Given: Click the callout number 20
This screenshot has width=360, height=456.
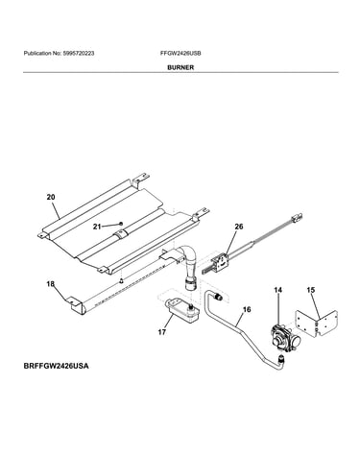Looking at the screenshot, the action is (x=51, y=198).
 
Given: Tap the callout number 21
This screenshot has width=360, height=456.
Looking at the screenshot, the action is (x=97, y=227).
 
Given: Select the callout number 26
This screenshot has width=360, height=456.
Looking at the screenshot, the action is (x=239, y=227).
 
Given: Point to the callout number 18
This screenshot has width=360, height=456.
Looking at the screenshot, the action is (x=51, y=283).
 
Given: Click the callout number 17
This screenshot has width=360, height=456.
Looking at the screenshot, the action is (x=162, y=332).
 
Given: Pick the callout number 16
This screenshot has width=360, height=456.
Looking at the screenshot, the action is (x=247, y=309).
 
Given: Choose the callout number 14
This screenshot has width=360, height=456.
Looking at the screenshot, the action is (x=278, y=290).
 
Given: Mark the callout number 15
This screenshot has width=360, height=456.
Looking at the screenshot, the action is (x=310, y=290).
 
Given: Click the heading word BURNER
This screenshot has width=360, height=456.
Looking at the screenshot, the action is (x=180, y=67).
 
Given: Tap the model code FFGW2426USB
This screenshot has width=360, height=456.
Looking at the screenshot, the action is (x=180, y=54).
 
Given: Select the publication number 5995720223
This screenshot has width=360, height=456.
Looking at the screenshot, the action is (x=79, y=54).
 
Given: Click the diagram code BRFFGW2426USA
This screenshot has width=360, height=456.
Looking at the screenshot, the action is (x=56, y=366).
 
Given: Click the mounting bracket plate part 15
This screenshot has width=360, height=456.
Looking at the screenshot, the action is (x=316, y=324).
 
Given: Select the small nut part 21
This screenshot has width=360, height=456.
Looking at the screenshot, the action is (x=121, y=224).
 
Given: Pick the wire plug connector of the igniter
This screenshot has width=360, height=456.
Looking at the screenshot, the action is (x=297, y=218).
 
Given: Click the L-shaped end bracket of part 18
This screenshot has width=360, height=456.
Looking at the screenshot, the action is (x=77, y=306).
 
